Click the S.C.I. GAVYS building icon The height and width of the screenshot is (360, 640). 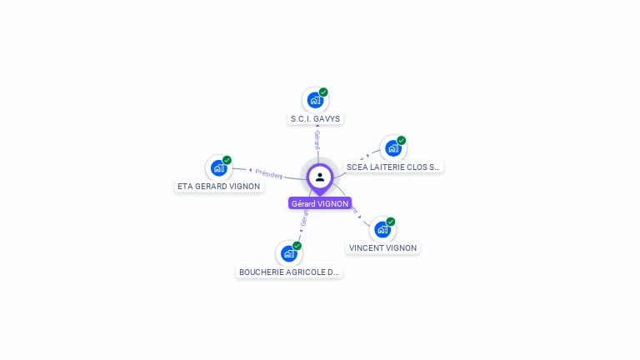[314, 101]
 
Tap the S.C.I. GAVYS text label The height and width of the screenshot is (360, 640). [315, 119]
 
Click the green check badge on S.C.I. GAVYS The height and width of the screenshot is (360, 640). [323, 92]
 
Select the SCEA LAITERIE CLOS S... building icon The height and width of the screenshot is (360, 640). [392, 148]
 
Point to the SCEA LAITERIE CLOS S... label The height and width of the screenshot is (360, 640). [393, 167]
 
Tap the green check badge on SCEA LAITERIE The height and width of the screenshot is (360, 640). [401, 141]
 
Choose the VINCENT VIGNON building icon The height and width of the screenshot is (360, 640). [382, 229]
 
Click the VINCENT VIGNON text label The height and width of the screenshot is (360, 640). [383, 247]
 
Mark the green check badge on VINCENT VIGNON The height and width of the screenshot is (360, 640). [390, 222]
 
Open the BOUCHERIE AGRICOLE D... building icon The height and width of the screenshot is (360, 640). [288, 253]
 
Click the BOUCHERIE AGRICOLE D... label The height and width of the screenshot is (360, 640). [289, 272]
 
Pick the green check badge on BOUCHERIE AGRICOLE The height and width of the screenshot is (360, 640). [297, 246]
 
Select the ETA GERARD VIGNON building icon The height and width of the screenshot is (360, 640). [218, 167]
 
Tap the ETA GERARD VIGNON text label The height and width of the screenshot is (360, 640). [218, 186]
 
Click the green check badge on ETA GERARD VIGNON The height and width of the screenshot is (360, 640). [227, 160]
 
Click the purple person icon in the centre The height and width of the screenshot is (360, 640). [320, 177]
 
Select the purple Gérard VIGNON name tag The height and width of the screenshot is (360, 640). [320, 203]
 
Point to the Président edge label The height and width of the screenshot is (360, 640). [268, 173]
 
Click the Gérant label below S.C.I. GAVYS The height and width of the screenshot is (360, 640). [317, 139]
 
